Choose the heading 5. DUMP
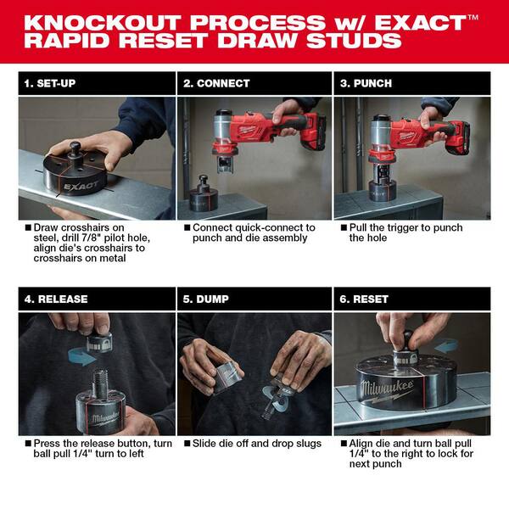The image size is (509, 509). pos(209,299)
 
